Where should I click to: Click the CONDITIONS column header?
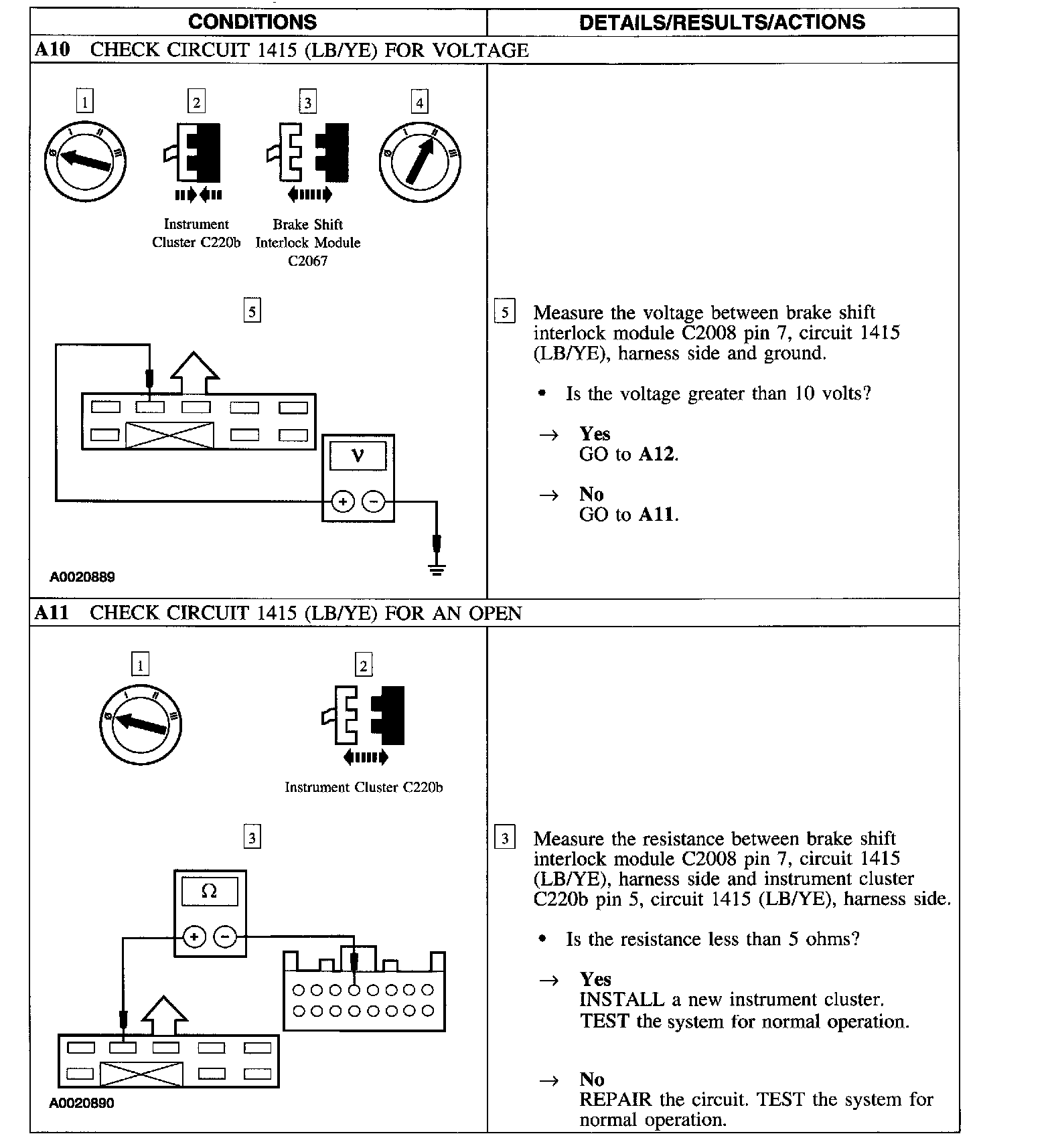click(x=252, y=22)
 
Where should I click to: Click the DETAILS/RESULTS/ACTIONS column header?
click(x=722, y=22)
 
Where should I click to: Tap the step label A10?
click(x=52, y=50)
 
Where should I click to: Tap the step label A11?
click(x=52, y=613)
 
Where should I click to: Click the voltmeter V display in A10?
click(x=358, y=456)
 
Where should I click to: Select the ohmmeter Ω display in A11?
click(x=209, y=892)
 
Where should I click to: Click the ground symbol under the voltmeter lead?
click(x=437, y=570)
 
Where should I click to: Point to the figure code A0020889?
click(x=82, y=577)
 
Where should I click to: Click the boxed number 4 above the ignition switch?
click(x=419, y=102)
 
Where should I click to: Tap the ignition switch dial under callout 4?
click(x=420, y=161)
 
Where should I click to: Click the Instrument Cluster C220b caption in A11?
click(x=364, y=787)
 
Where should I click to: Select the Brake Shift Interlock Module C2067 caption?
click(x=308, y=242)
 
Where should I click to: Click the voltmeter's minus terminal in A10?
click(x=374, y=501)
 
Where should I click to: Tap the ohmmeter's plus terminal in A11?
click(x=194, y=936)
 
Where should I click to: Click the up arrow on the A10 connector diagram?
click(x=195, y=372)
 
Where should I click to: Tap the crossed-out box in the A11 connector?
click(x=141, y=1074)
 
